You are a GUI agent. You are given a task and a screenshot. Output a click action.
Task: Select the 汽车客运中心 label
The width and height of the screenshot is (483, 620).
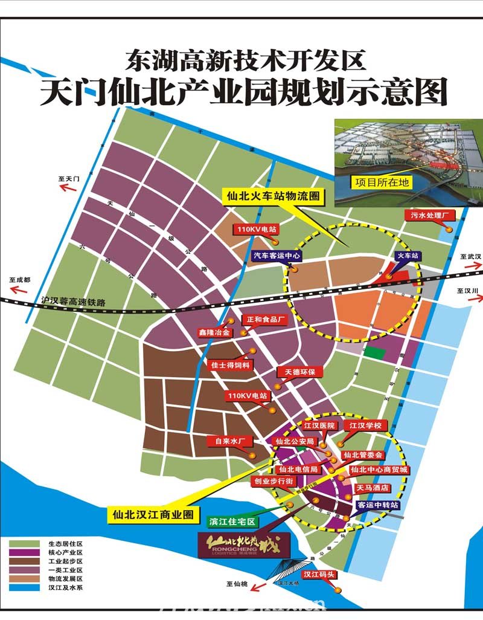click(277, 256)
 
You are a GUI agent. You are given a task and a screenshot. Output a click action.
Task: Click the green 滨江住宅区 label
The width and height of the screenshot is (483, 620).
click(232, 521)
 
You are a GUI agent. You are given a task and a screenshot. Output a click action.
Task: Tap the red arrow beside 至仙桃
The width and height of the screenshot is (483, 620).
click(260, 586)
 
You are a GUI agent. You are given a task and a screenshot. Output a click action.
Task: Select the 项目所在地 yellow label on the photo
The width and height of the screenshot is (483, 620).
click(382, 181)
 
